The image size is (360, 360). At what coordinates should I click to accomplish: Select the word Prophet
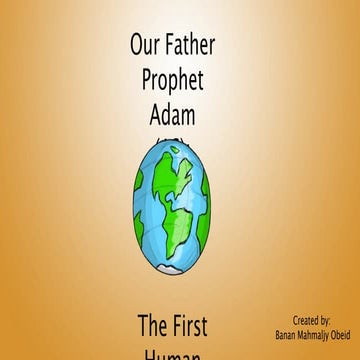173,81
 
